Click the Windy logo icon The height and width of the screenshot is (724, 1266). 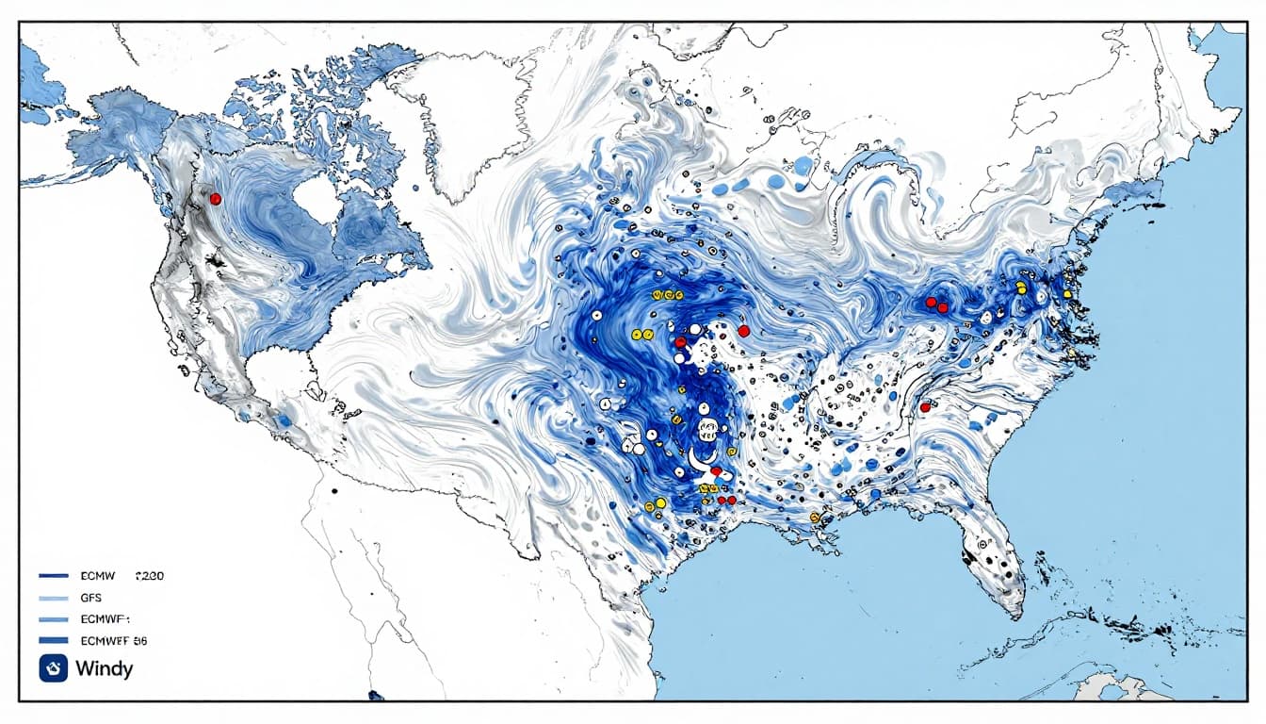coord(50,669)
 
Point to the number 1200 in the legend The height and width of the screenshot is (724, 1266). coord(150,575)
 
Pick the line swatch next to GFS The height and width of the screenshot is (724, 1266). coord(54,598)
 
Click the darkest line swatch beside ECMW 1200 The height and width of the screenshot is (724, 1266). coord(54,575)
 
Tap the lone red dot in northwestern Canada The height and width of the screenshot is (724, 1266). coord(215,199)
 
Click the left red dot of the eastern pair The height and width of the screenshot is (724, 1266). coord(931,302)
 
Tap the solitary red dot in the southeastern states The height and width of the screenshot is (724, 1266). coord(925,407)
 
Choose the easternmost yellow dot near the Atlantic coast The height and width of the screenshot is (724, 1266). coord(1066,294)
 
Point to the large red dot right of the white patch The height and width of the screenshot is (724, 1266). coord(743,330)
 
